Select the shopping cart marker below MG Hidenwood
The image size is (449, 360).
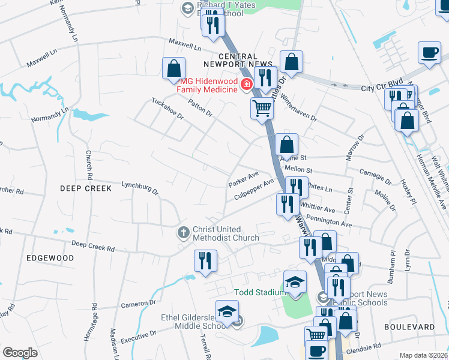click(x=262, y=109)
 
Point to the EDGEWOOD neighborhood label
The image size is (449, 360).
click(x=50, y=258)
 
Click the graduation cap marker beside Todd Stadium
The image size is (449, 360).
click(x=295, y=281)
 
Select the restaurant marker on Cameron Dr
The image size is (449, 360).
click(x=205, y=260)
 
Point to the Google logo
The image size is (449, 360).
click(x=20, y=353)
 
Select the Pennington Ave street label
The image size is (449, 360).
click(x=329, y=223)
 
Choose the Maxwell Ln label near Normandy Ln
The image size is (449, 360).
click(x=41, y=58)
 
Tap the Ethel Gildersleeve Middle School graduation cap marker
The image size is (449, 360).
click(x=227, y=314)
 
